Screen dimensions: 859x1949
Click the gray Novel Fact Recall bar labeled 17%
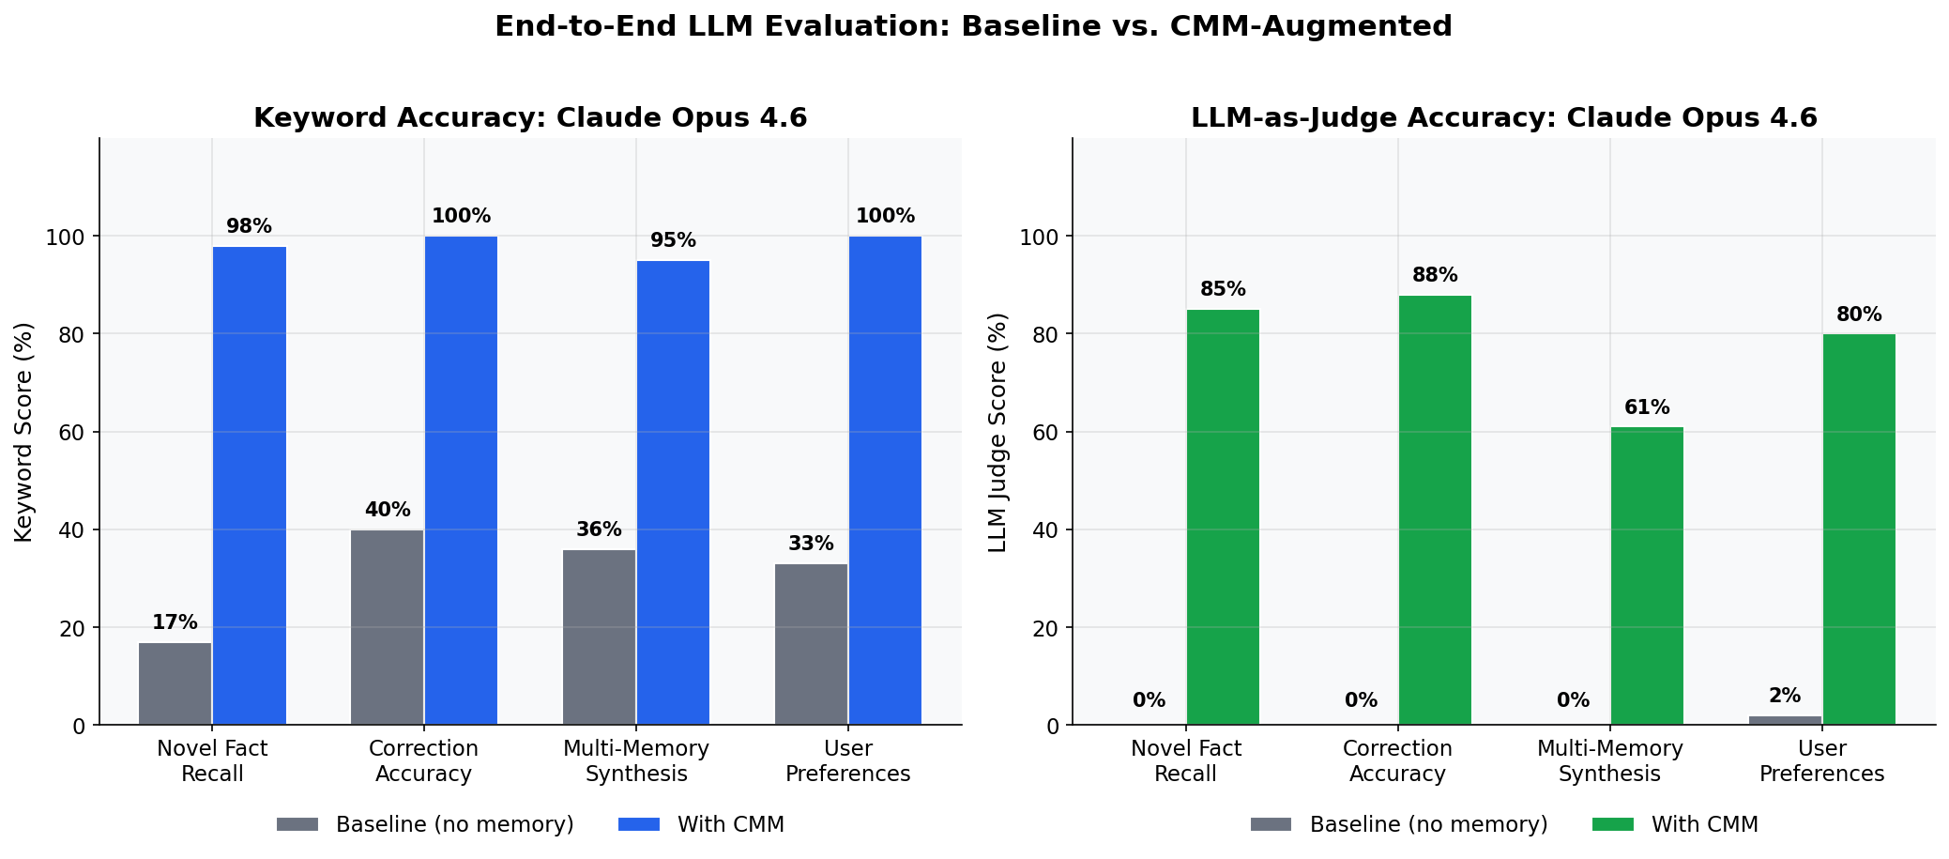175,683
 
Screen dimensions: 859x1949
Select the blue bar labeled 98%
249,485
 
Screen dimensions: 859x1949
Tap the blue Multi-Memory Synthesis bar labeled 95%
673,493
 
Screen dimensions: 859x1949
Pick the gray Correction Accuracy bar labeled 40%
387,627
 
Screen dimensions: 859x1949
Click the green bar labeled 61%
1647,575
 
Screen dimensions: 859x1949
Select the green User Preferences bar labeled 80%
1859,529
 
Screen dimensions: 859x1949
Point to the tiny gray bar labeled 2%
1785,720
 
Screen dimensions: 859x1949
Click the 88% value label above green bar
1435,276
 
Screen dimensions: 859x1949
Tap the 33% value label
811,545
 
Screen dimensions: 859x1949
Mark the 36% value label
599,529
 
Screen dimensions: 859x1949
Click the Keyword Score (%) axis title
24,432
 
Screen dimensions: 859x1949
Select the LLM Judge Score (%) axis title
997,432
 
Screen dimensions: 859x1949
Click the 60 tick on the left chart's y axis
71,433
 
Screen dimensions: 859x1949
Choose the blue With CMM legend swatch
639,825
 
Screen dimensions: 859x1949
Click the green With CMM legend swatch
1613,825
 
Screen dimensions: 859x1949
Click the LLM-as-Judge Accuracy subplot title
1503,118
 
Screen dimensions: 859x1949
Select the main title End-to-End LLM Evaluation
973,26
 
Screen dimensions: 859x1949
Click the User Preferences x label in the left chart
847,761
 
